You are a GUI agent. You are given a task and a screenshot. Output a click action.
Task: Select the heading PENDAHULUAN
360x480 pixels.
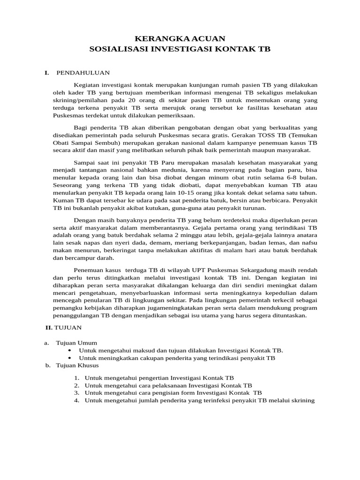tap(83, 73)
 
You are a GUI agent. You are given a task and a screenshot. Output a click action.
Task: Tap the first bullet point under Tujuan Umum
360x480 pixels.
tap(70, 350)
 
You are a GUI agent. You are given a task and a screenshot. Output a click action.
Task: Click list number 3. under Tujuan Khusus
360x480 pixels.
tap(77, 393)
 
